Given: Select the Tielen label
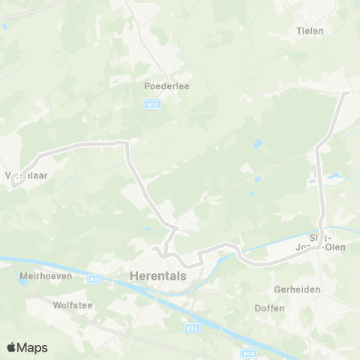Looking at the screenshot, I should point(310,31).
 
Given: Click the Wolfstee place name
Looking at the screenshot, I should point(71,305).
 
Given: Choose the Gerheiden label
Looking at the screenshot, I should point(297,289).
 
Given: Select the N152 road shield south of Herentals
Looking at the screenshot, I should point(190,328).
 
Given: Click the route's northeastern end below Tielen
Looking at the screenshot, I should point(346,94).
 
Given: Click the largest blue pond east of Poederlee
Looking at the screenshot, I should point(259,144).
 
